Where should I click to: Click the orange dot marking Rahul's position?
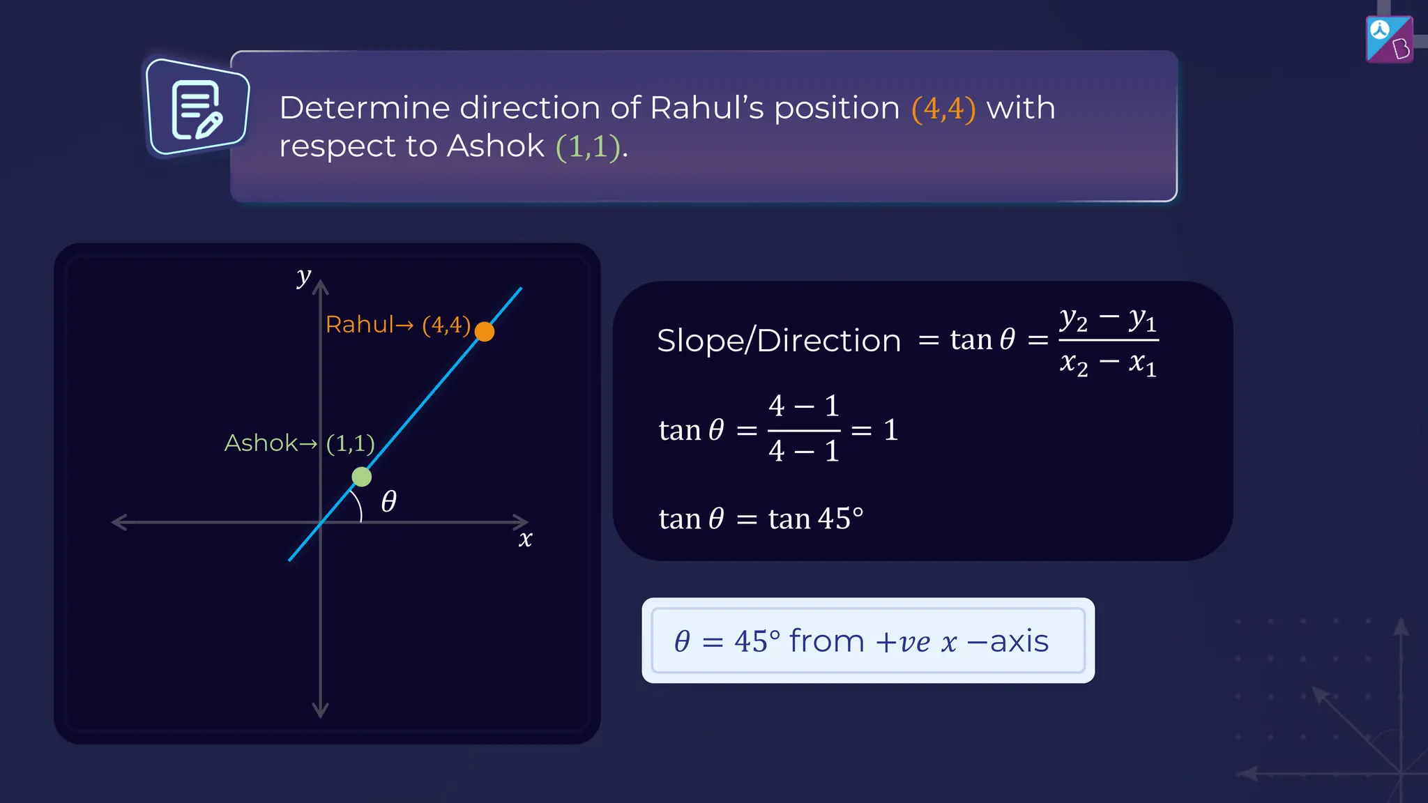pyautogui.click(x=485, y=332)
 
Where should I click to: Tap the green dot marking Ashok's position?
pyautogui.click(x=361, y=477)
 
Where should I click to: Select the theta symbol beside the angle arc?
pyautogui.click(x=389, y=501)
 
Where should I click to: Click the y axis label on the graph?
pyautogui.click(x=303, y=276)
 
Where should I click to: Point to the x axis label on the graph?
pyautogui.click(x=525, y=539)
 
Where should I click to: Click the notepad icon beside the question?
pyautogui.click(x=197, y=108)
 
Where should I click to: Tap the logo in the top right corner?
pyautogui.click(x=1389, y=40)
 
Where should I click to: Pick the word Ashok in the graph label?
pyautogui.click(x=261, y=443)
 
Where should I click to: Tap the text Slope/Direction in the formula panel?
pyautogui.click(x=779, y=341)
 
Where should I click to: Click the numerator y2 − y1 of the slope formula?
pyautogui.click(x=1108, y=320)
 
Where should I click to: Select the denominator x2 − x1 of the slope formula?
pyautogui.click(x=1108, y=363)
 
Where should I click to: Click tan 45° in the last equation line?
pyautogui.click(x=816, y=519)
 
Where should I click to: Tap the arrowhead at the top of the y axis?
pyautogui.click(x=320, y=286)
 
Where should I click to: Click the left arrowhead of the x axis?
pyautogui.click(x=119, y=521)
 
